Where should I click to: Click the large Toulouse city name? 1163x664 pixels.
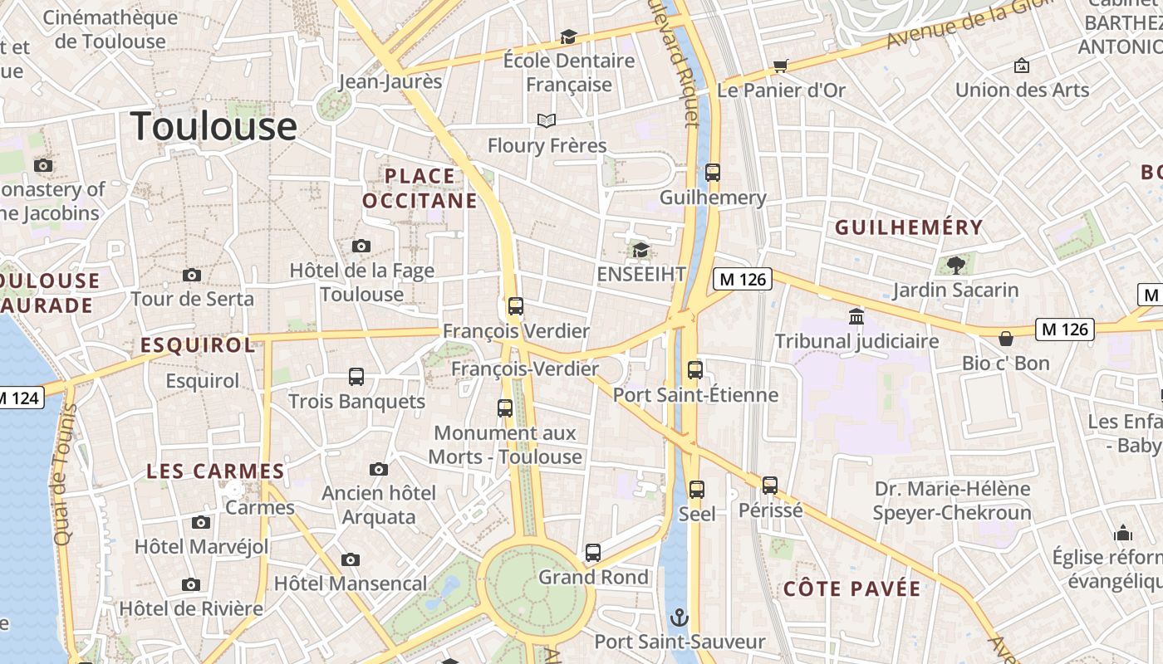tap(213, 126)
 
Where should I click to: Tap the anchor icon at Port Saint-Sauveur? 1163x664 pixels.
tap(680, 618)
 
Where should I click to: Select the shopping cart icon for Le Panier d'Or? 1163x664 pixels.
tap(780, 66)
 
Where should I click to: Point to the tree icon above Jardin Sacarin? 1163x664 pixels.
tap(955, 266)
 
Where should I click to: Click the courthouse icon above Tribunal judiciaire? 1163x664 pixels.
tap(856, 316)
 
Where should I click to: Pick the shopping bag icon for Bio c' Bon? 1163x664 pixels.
tap(1005, 339)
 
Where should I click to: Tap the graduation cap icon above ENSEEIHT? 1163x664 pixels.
tap(640, 250)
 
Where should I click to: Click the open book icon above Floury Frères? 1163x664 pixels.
tap(546, 121)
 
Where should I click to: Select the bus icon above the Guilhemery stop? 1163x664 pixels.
tap(712, 173)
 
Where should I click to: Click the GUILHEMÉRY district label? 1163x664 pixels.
tap(909, 227)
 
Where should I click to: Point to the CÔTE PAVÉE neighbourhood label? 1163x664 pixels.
tap(852, 589)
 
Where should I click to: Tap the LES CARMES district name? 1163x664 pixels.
tap(215, 471)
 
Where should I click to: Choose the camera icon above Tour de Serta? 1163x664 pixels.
tap(192, 275)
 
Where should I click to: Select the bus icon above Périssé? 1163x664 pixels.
tap(770, 486)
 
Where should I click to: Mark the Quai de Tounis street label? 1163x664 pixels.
tap(63, 474)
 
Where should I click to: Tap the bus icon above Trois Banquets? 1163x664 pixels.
tap(356, 377)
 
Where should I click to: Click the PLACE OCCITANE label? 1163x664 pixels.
tap(420, 188)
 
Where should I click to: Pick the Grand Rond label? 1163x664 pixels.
tap(593, 577)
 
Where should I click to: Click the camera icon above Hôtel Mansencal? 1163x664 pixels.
tap(351, 559)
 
